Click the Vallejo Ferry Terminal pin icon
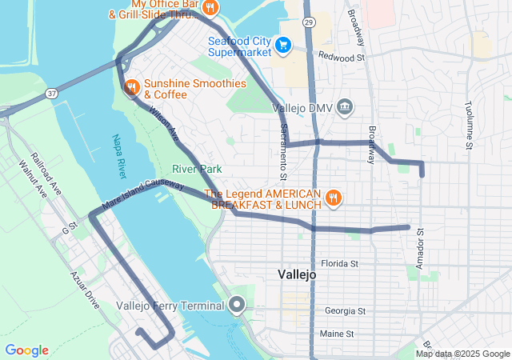(236, 305)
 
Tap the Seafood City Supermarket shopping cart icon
(282, 46)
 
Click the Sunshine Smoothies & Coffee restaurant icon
(131, 87)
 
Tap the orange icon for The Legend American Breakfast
(334, 198)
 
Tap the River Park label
(197, 169)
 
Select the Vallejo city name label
(298, 274)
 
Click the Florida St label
(338, 263)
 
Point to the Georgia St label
(345, 310)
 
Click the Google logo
(26, 350)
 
